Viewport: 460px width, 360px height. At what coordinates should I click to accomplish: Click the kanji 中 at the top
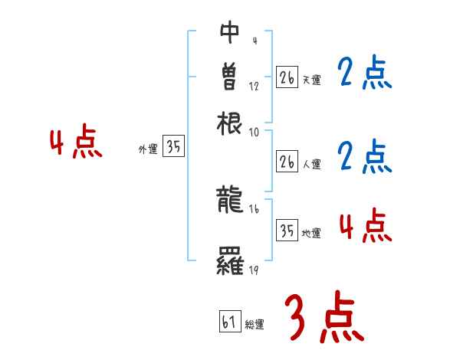tap(230, 32)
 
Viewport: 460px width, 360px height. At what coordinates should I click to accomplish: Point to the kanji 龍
tap(230, 201)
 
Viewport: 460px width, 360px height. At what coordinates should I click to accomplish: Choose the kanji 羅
tap(230, 263)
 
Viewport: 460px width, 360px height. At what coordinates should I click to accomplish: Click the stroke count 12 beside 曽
tap(254, 86)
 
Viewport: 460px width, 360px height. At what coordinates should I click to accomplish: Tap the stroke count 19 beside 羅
tap(254, 271)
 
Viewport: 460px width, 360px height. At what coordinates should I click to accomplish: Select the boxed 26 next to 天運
tap(287, 77)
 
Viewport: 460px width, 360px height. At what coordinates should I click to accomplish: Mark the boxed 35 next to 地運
tap(287, 230)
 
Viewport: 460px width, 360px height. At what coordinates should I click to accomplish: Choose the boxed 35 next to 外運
tap(174, 147)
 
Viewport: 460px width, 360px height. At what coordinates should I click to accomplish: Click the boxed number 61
tap(228, 322)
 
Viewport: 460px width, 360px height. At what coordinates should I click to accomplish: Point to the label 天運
tap(311, 80)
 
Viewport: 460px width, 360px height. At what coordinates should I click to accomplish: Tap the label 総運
tap(255, 326)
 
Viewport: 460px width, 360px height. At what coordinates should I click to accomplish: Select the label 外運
tap(147, 150)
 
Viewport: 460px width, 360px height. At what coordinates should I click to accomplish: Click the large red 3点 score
tap(324, 318)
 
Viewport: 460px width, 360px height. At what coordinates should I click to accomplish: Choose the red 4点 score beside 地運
tap(364, 226)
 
